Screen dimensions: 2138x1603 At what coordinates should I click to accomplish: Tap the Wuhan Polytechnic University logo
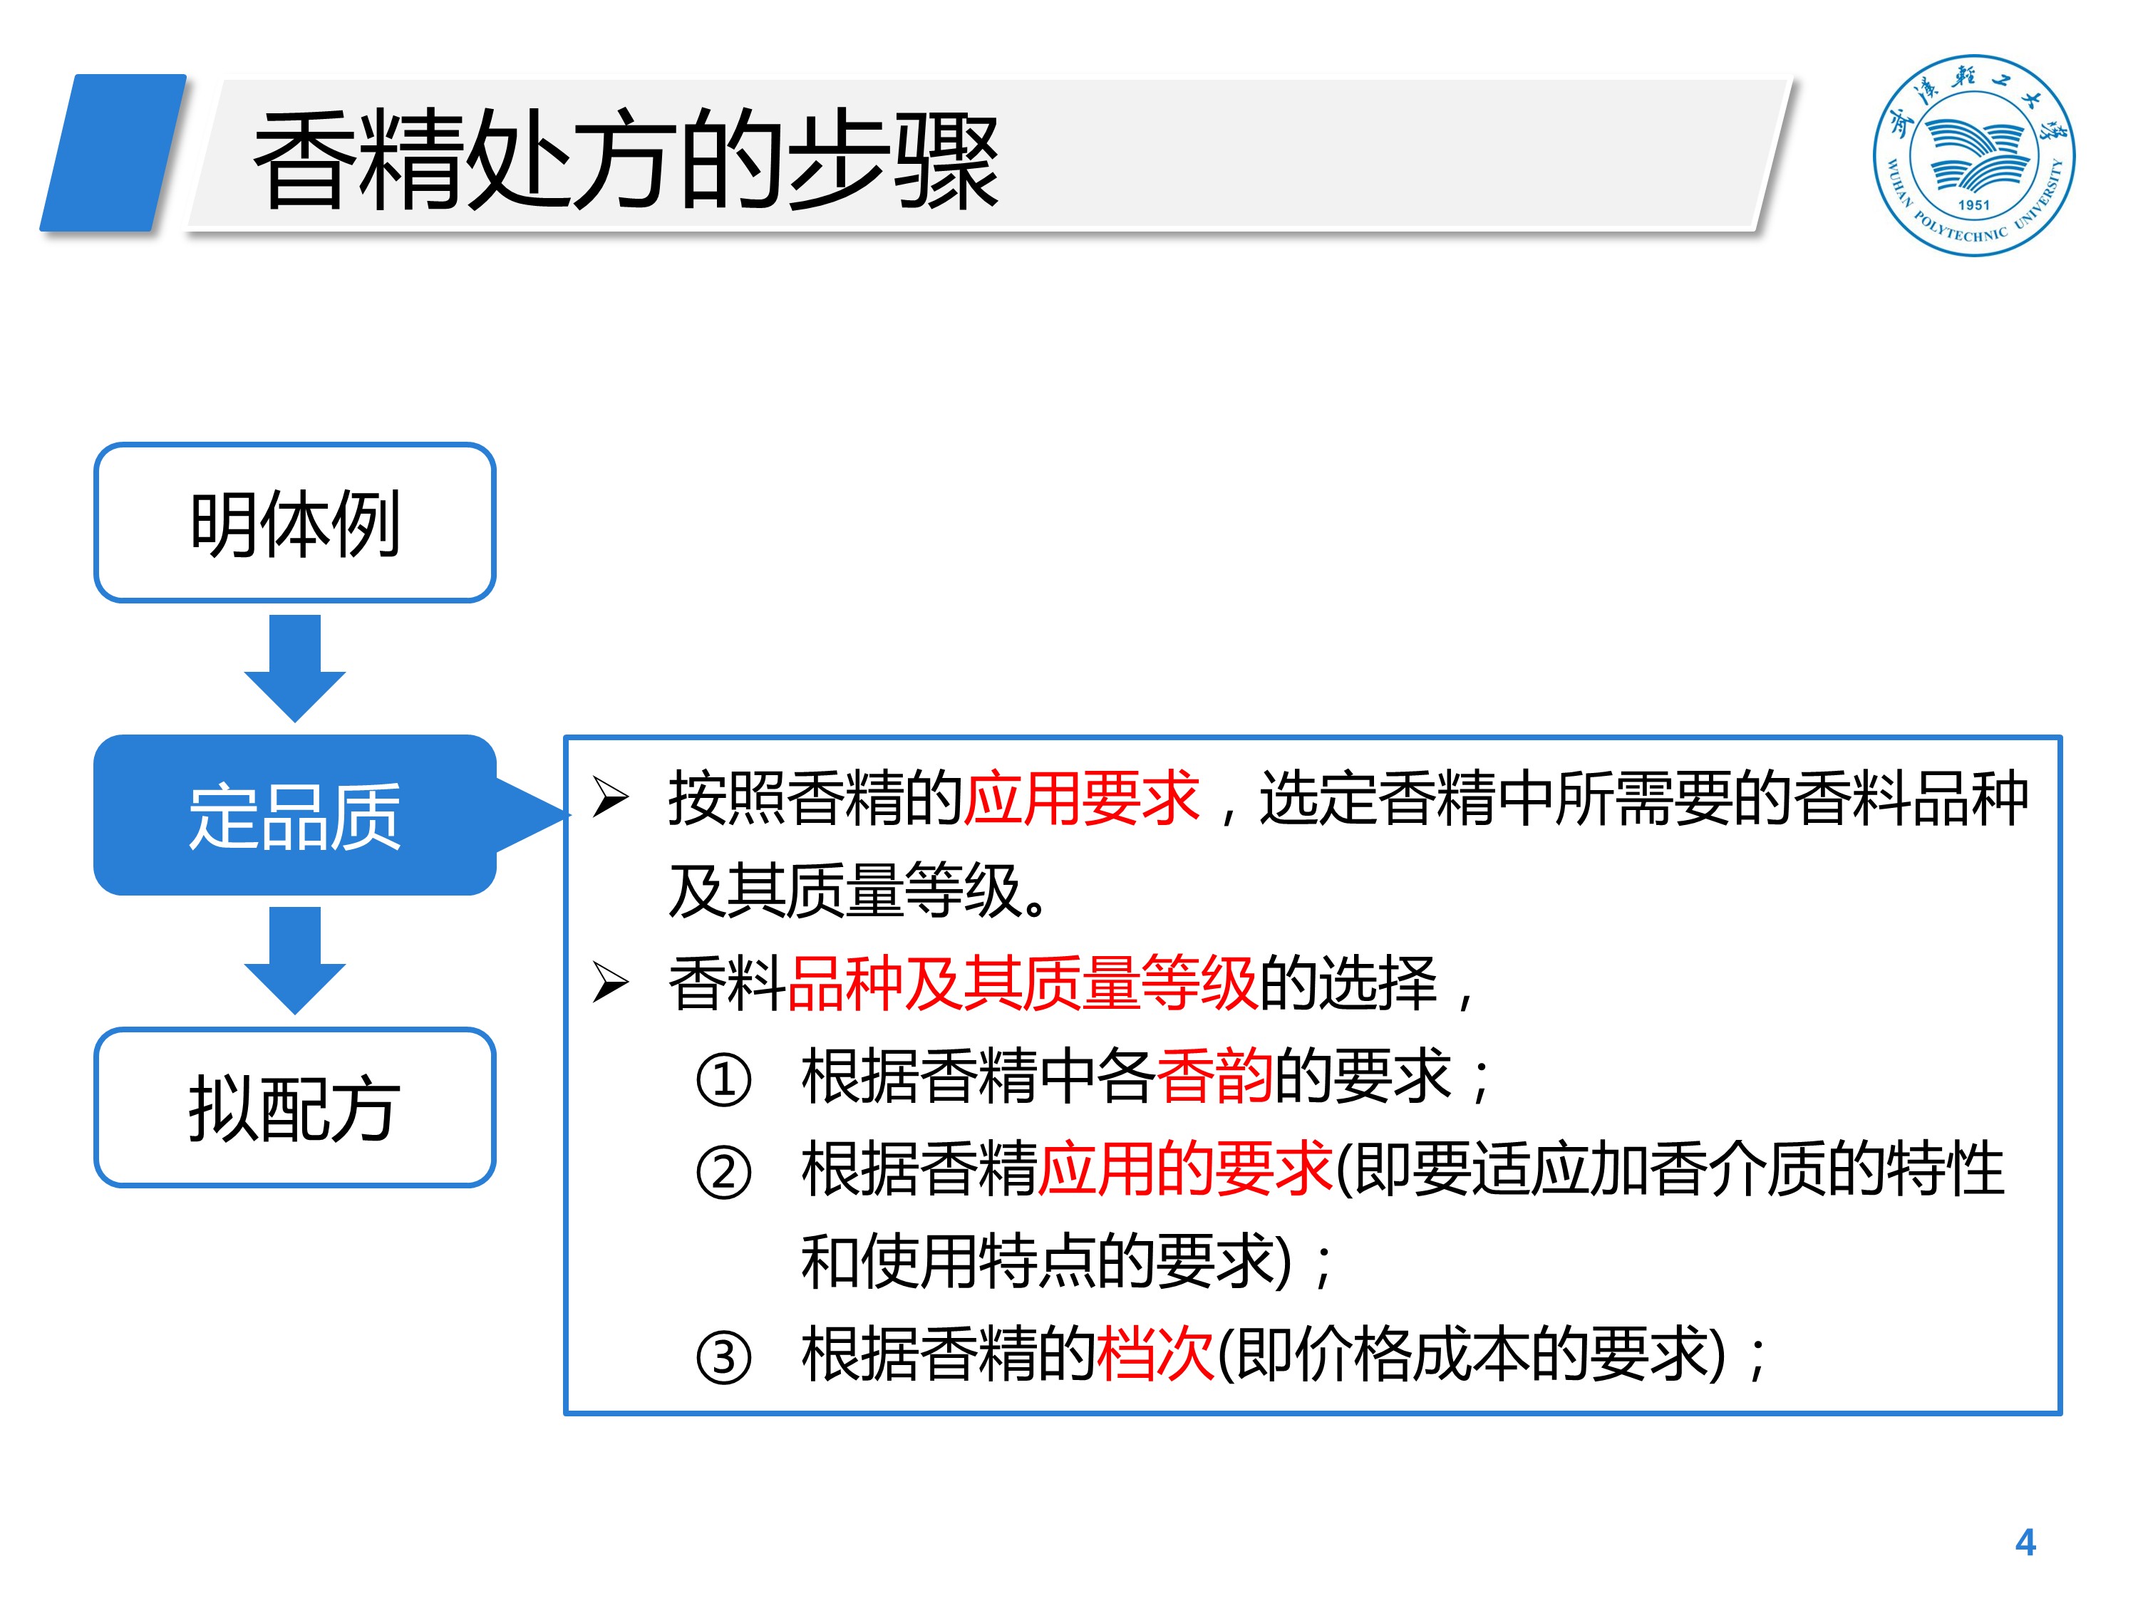(1973, 155)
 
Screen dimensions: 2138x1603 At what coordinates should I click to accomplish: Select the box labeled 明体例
(295, 523)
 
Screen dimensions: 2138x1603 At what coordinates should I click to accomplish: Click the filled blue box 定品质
(295, 816)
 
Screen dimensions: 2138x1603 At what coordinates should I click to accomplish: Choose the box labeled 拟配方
(295, 1107)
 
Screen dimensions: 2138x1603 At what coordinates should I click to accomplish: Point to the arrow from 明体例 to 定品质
(295, 667)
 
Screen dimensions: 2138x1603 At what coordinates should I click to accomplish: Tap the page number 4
(2025, 1542)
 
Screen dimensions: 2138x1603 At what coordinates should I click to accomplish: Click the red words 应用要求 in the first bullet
(1080, 799)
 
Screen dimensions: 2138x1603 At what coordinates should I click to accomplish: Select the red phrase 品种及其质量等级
(1023, 984)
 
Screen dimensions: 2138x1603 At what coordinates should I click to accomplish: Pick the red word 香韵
(1214, 1075)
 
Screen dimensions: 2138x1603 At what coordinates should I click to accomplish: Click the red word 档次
(1155, 1354)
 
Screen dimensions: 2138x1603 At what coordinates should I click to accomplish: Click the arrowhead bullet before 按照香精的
(610, 798)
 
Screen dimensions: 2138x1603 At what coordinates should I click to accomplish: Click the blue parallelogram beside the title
(113, 152)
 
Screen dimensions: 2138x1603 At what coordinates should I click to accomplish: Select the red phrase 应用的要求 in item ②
(1185, 1168)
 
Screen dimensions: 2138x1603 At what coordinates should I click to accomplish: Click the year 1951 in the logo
(1973, 205)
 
